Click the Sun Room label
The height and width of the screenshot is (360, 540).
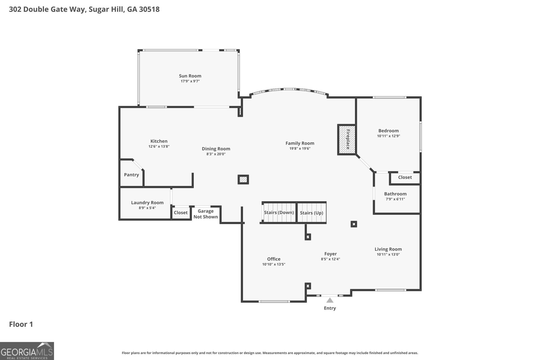point(190,76)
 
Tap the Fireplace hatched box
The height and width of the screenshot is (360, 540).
point(347,140)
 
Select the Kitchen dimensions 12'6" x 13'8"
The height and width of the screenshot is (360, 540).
point(159,146)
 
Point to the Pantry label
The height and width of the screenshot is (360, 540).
point(131,175)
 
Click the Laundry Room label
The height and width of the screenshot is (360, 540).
point(147,203)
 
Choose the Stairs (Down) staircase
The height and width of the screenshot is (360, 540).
point(279,213)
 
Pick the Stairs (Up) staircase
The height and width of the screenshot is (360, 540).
point(312,213)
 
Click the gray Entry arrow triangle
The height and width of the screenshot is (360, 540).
point(330,300)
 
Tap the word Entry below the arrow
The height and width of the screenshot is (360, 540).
point(330,308)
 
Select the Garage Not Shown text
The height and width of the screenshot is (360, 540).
point(206,214)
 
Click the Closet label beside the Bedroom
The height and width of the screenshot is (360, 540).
point(405,177)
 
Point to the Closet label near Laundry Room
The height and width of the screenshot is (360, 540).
point(181,213)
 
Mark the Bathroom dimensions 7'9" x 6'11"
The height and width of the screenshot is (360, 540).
point(395,199)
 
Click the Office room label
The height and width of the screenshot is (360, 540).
point(274,259)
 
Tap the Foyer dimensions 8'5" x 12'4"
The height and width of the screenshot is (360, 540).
point(330,259)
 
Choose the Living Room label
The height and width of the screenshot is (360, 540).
point(388,249)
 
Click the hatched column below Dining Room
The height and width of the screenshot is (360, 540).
point(243,179)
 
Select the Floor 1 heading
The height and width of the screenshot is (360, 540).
point(21,324)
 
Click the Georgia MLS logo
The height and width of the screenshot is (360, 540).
point(27,351)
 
